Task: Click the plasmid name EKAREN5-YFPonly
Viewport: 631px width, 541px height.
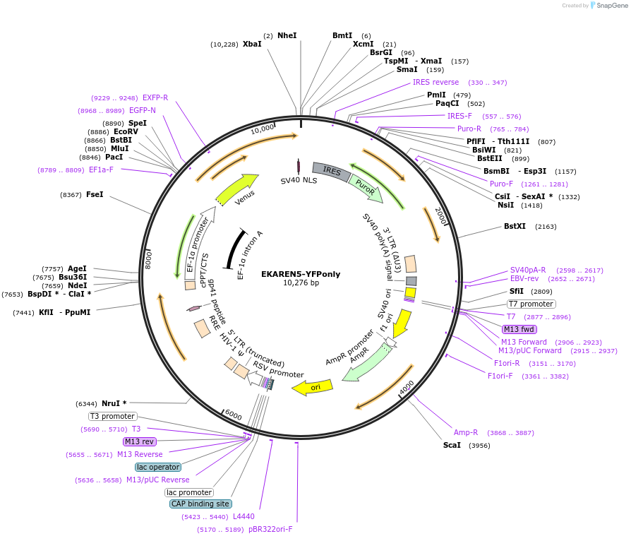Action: (x=301, y=273)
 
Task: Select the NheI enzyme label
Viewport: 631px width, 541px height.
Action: (x=287, y=35)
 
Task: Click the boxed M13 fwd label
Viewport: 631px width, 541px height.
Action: (x=519, y=329)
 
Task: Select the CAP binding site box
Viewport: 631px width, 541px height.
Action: (x=200, y=504)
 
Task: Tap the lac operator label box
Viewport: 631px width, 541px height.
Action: (x=158, y=467)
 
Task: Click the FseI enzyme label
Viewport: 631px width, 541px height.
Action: (x=95, y=194)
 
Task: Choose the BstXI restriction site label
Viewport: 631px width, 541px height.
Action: (x=515, y=227)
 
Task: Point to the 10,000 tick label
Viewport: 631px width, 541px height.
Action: (x=263, y=129)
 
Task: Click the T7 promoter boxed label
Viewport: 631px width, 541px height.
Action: (x=531, y=304)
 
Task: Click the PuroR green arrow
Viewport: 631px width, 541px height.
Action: (x=366, y=187)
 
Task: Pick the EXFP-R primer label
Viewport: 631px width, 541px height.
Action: (x=155, y=97)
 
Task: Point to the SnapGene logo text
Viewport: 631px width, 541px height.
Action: (x=611, y=6)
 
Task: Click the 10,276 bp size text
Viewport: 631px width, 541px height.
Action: (x=301, y=283)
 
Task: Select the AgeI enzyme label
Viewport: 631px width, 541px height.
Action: (x=77, y=268)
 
